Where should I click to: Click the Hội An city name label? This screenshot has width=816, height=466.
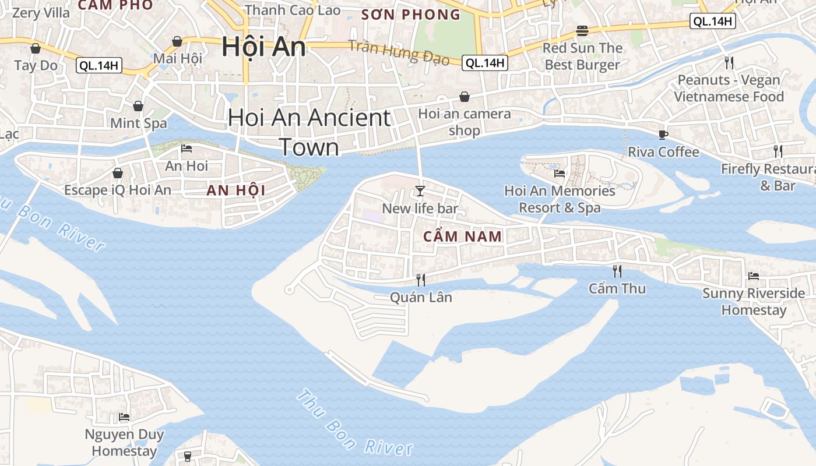point(263,47)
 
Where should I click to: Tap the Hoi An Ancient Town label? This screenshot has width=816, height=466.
point(309,132)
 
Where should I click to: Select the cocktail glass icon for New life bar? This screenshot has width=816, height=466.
point(420,190)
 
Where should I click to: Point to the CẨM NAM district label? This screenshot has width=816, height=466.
point(462,236)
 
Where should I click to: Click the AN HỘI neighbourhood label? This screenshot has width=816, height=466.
point(235,190)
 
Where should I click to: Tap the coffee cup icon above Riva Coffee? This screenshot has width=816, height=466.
point(663,135)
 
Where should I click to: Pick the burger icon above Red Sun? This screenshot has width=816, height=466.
point(582,30)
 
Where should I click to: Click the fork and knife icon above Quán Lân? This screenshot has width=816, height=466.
point(420,280)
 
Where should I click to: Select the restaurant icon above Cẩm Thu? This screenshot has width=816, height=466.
point(617,271)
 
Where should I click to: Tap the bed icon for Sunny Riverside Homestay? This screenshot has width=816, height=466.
point(753,276)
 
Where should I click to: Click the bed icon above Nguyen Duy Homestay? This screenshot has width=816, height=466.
point(124,417)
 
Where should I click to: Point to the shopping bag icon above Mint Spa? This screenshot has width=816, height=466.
point(138,106)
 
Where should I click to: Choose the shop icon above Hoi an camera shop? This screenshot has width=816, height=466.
point(465,97)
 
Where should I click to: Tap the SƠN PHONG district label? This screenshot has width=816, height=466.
point(410,15)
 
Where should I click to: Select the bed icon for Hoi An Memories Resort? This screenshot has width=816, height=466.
point(560,173)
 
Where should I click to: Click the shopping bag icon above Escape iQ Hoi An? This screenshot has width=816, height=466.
point(118,173)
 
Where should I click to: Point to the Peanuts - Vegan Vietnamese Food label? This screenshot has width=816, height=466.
point(729,88)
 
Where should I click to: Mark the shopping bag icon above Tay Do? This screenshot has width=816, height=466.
point(36,48)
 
